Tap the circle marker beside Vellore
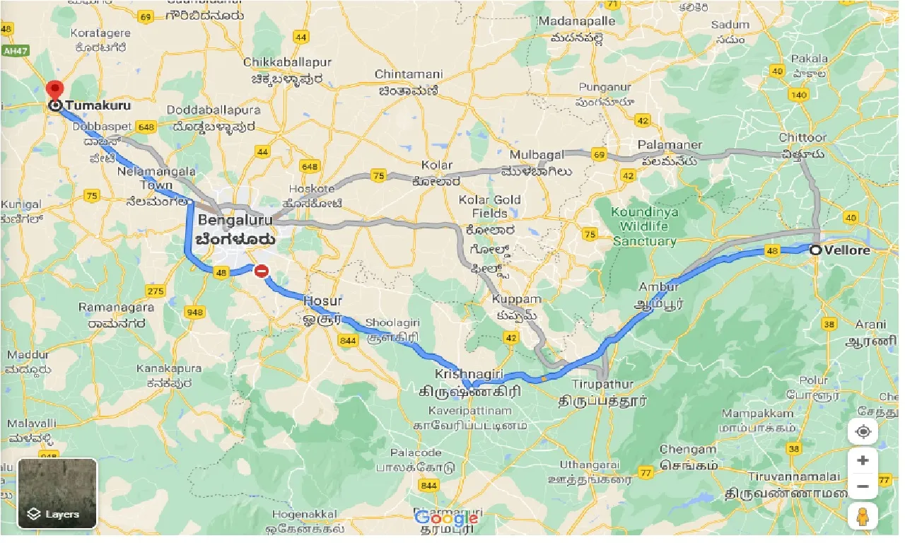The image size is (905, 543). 816,250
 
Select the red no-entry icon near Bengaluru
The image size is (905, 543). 262,270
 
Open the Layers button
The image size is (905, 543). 57,493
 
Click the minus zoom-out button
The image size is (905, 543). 863,486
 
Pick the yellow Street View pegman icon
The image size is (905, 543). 863,517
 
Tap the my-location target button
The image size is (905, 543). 863,431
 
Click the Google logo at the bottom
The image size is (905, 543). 446,518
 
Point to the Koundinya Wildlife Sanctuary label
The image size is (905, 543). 644,226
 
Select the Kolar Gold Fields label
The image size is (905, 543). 490,206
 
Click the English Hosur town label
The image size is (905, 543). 322,301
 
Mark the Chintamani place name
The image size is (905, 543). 408,74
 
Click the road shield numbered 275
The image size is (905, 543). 155,291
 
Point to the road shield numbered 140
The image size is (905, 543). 800,95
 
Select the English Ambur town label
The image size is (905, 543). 658,287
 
